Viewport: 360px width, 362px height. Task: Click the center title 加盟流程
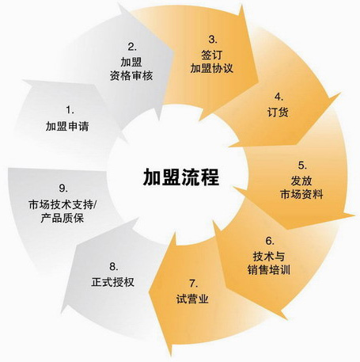pyautogui.click(x=181, y=177)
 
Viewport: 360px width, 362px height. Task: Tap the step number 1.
pyautogui.click(x=70, y=110)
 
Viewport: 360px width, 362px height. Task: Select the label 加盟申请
pyautogui.click(x=67, y=127)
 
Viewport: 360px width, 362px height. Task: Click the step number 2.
pyautogui.click(x=132, y=47)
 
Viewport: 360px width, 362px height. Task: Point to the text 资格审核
pyautogui.click(x=131, y=76)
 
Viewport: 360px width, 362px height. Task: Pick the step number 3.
pyautogui.click(x=213, y=40)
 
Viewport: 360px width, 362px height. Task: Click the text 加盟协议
pyautogui.click(x=212, y=68)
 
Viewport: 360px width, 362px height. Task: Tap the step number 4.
pyautogui.click(x=279, y=97)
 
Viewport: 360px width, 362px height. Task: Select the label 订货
pyautogui.click(x=278, y=112)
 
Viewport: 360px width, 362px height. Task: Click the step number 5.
pyautogui.click(x=302, y=166)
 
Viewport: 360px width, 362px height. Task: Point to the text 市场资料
pyautogui.click(x=301, y=194)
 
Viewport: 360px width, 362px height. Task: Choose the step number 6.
pyautogui.click(x=270, y=241)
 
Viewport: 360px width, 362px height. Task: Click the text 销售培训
pyautogui.click(x=269, y=270)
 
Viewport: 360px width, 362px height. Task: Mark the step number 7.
pyautogui.click(x=193, y=284)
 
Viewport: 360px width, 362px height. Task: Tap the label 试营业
pyautogui.click(x=192, y=299)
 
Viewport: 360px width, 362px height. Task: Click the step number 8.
pyautogui.click(x=114, y=267)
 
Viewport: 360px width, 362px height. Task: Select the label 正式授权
pyautogui.click(x=113, y=282)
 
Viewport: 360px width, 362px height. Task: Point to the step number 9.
pyautogui.click(x=63, y=189)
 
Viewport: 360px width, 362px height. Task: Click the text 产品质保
pyautogui.click(x=63, y=218)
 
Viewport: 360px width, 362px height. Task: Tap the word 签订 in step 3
pyautogui.click(x=212, y=55)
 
